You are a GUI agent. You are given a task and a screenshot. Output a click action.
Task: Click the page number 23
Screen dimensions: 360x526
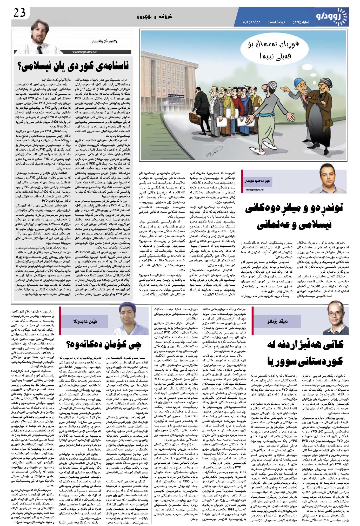point(19,13)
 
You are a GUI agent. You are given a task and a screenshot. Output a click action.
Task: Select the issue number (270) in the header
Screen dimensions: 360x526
point(298,22)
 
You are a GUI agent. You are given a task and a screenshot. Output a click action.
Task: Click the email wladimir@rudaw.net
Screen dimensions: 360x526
point(85,52)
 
